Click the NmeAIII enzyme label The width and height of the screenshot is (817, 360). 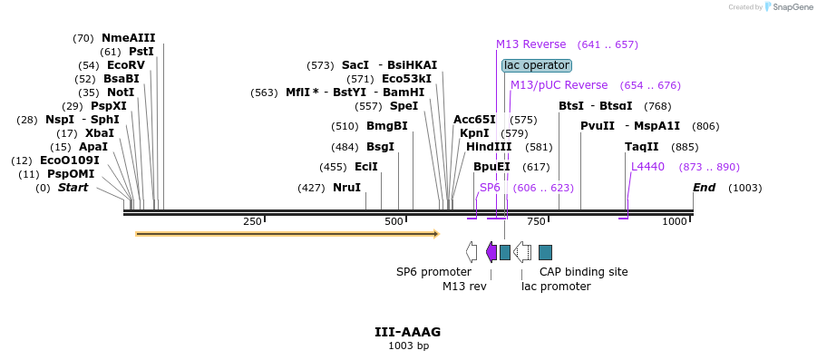coord(128,38)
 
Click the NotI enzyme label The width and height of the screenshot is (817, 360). coord(120,92)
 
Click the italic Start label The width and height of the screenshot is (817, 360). coord(73,188)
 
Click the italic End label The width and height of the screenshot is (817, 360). coord(704,188)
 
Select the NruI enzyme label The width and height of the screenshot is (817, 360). coord(346,188)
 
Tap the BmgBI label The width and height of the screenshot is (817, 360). coord(386,126)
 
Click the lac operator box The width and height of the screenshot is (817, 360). coord(537,65)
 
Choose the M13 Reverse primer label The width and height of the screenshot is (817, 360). coord(530,44)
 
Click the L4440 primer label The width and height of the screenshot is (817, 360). coord(647,167)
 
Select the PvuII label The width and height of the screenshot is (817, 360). coord(598,126)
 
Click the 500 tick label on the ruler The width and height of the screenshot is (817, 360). coord(394,222)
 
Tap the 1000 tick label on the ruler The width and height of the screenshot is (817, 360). coord(675,222)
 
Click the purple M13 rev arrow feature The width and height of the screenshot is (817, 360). coord(491,252)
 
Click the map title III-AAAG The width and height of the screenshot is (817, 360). coord(408,333)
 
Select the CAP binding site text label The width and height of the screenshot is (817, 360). coord(583,271)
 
